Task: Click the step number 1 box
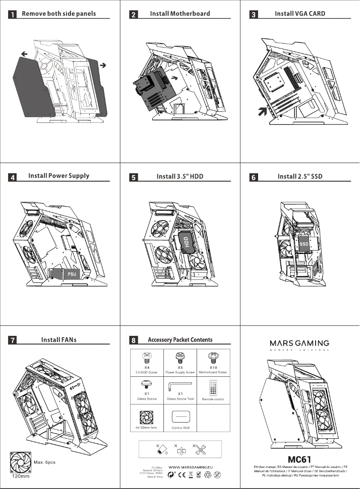[13, 14]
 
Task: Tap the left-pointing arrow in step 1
[24, 54]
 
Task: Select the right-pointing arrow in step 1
[103, 66]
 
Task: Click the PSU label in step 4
[72, 273]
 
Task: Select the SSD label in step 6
[304, 244]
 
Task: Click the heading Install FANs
[59, 339]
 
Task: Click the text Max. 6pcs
[44, 463]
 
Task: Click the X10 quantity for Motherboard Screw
[213, 367]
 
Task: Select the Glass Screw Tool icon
[180, 386]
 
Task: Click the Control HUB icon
[180, 416]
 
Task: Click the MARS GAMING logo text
[299, 343]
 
